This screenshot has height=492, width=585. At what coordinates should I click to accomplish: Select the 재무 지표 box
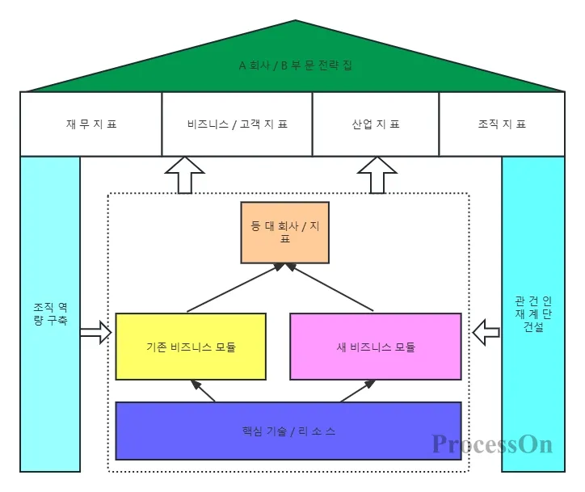point(90,124)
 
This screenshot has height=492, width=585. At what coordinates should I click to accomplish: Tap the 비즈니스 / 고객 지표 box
point(237,124)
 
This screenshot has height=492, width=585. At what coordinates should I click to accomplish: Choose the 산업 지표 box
point(376,124)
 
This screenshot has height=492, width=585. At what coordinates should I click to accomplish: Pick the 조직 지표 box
point(502,124)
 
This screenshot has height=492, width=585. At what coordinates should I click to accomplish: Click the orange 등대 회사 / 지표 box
point(284,233)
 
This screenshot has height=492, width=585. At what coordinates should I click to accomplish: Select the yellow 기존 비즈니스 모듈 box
point(191,347)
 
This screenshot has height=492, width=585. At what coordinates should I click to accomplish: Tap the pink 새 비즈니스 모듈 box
point(376,347)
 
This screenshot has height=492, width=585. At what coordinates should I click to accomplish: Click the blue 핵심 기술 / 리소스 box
point(288,431)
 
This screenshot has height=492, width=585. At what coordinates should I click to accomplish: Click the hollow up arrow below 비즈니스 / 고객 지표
point(185,175)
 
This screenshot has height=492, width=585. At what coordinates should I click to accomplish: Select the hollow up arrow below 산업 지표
point(377,175)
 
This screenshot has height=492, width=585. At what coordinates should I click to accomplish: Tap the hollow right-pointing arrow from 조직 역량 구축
point(95,331)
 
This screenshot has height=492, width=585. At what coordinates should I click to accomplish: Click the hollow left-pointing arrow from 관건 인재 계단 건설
point(486,331)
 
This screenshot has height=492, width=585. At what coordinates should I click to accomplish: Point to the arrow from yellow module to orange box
point(235,288)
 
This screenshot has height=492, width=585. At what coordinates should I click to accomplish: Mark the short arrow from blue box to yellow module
point(203,390)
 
